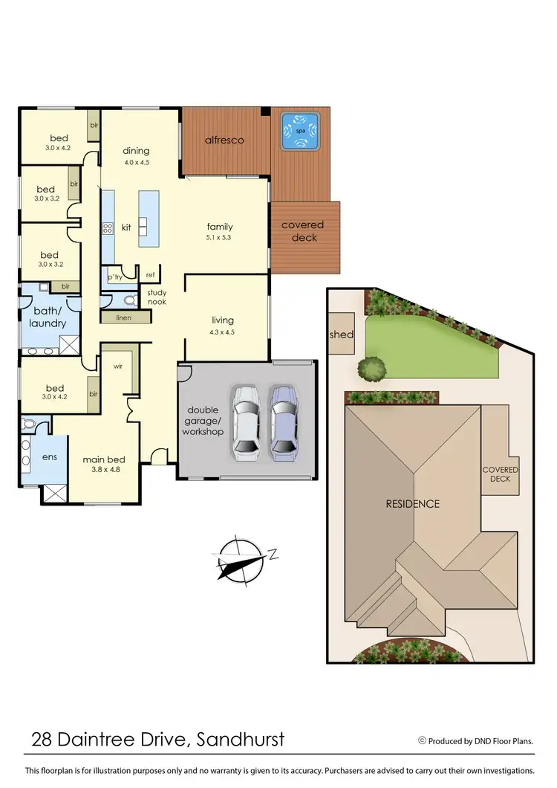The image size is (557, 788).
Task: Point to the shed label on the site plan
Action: coord(342,335)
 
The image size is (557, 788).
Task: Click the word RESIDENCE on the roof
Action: coord(412,503)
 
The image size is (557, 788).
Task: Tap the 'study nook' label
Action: coord(157,297)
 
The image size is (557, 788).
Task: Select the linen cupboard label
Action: coord(123,317)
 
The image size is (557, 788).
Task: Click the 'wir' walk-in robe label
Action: coord(118,366)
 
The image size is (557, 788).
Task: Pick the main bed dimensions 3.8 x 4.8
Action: coord(100,470)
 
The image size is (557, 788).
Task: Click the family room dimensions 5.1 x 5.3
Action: coord(220,238)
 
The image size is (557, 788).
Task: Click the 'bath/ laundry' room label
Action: coord(48,317)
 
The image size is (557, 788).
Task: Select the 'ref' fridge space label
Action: coord(150,274)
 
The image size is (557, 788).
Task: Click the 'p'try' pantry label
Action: coord(114,277)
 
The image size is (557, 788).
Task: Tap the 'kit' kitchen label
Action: coord(126,227)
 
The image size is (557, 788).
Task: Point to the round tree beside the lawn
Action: coord(371,367)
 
